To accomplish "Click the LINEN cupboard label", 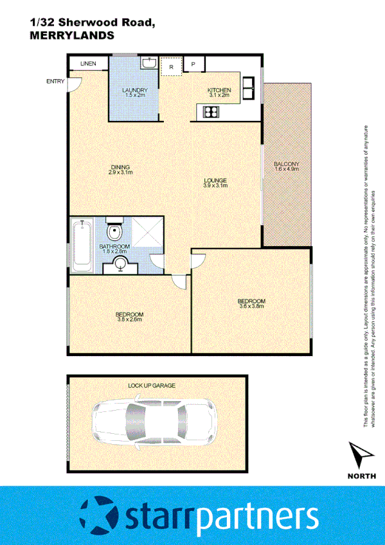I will point(89,63).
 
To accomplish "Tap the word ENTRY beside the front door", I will point(56,81).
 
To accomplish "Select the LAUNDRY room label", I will point(135,90).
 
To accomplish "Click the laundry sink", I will point(148,63).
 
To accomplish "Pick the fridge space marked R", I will point(171,66).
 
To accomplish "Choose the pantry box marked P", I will point(193,65).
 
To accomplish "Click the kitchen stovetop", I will point(210,112).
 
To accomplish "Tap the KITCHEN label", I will point(219,90).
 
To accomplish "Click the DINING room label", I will point(120,168).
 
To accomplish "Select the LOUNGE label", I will point(215,181).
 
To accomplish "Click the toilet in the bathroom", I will point(114,231).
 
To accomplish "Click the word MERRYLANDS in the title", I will point(72,36).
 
